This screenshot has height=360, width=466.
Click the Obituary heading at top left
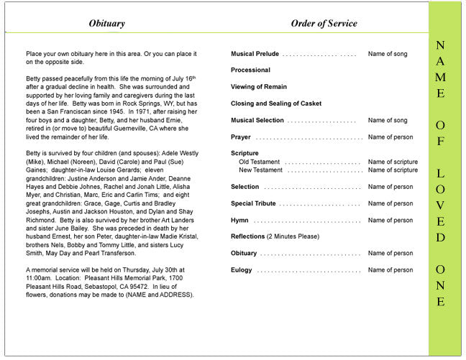click(106, 24)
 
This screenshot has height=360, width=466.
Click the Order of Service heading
click(324, 24)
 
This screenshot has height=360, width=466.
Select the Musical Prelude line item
click(255, 54)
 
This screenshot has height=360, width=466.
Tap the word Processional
click(250, 70)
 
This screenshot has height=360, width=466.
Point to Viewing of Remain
click(257, 87)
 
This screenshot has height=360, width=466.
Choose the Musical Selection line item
click(257, 120)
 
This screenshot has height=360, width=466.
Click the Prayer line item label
click(241, 137)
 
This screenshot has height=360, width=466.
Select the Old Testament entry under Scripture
click(261, 162)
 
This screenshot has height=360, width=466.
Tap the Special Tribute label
click(253, 203)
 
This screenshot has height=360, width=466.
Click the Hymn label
click(240, 220)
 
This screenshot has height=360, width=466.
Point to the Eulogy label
click(242, 270)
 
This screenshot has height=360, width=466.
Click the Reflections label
click(248, 236)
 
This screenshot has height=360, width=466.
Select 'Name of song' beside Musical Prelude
click(388, 54)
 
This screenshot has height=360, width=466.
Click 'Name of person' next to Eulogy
click(390, 270)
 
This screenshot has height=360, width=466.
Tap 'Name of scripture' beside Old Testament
click(393, 162)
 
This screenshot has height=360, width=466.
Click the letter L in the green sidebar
click(440, 173)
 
